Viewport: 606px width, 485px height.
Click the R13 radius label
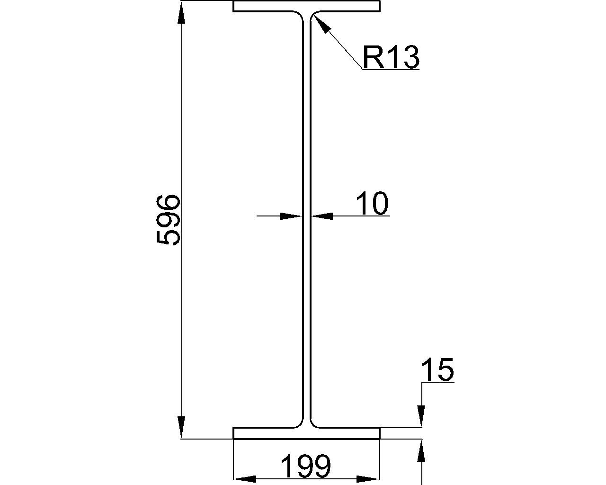(391, 57)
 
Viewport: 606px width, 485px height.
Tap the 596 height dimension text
(169, 219)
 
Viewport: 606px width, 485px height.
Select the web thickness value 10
(372, 203)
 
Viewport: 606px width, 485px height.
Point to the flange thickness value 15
(437, 370)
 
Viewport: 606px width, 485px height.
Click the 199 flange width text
(306, 467)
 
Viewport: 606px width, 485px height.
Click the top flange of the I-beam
(306, 7)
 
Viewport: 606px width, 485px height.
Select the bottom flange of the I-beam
(306, 433)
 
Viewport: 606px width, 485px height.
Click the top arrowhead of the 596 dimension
(181, 14)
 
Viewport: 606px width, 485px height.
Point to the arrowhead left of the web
(291, 216)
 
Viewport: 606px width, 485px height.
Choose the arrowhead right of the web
(322, 216)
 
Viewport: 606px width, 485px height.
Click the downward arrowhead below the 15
(421, 415)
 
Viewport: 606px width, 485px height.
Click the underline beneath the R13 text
(391, 70)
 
